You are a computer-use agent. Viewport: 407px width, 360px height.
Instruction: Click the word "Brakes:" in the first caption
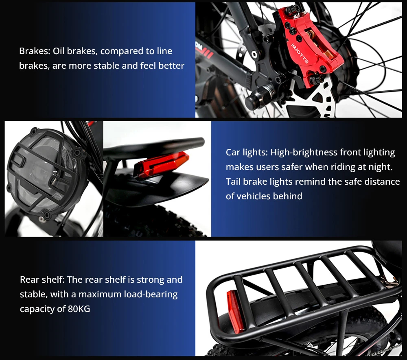tap(35, 51)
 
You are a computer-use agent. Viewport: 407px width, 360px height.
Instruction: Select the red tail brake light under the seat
tap(161, 164)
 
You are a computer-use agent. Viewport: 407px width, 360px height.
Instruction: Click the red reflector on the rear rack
tap(235, 312)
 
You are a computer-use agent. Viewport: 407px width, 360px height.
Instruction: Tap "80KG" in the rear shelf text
tap(79, 309)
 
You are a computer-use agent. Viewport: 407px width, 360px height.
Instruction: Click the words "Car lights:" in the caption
tap(247, 152)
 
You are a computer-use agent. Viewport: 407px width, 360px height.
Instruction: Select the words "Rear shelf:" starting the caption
tap(42, 279)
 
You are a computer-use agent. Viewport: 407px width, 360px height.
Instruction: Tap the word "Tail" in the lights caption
tap(233, 181)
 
